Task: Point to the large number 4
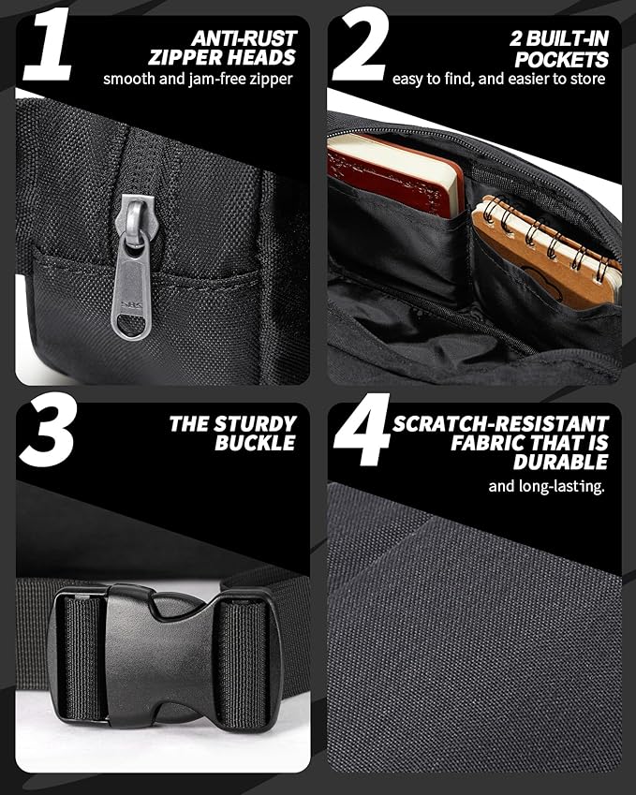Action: point(362,430)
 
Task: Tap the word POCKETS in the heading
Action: point(561,59)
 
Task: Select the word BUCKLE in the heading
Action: point(255,443)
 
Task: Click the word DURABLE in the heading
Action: point(561,462)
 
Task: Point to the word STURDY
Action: point(255,423)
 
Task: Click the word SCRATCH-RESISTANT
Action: point(500,423)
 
